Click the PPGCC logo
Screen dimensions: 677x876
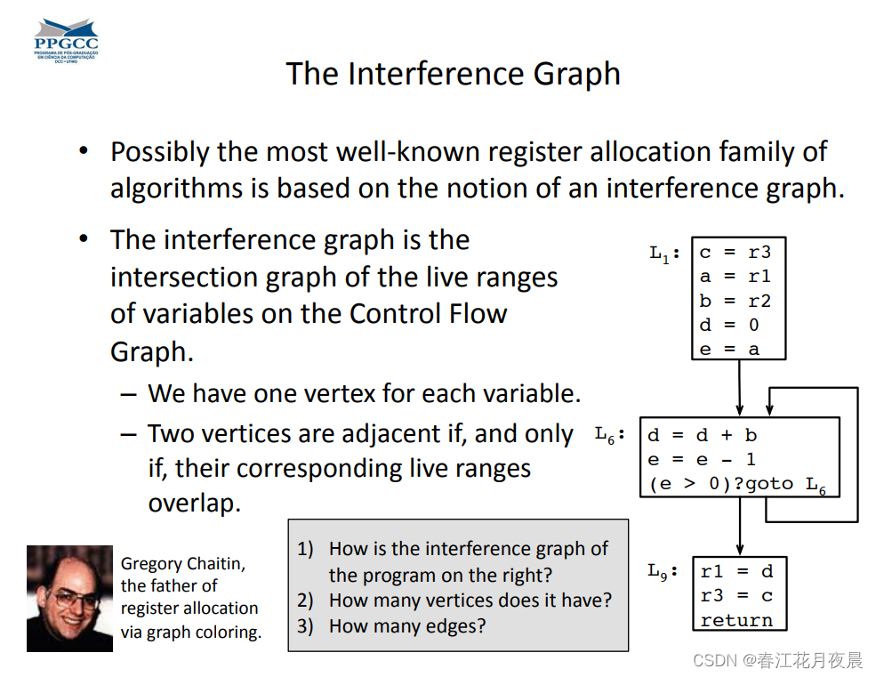click(x=66, y=40)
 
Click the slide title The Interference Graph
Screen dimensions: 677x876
click(x=453, y=73)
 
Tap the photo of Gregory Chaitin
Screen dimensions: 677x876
click(x=69, y=598)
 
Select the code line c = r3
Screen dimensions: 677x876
click(x=735, y=253)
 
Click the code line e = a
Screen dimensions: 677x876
click(x=729, y=349)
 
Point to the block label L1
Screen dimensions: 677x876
click(x=663, y=254)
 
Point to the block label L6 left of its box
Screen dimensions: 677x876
click(x=610, y=436)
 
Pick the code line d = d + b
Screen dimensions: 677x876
click(x=702, y=436)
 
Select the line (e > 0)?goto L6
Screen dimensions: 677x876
click(x=737, y=485)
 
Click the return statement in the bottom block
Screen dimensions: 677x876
click(x=736, y=620)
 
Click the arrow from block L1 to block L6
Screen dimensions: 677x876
click(x=739, y=388)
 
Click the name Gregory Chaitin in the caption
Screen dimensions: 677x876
click(x=183, y=563)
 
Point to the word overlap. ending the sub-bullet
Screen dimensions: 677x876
click(x=194, y=503)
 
